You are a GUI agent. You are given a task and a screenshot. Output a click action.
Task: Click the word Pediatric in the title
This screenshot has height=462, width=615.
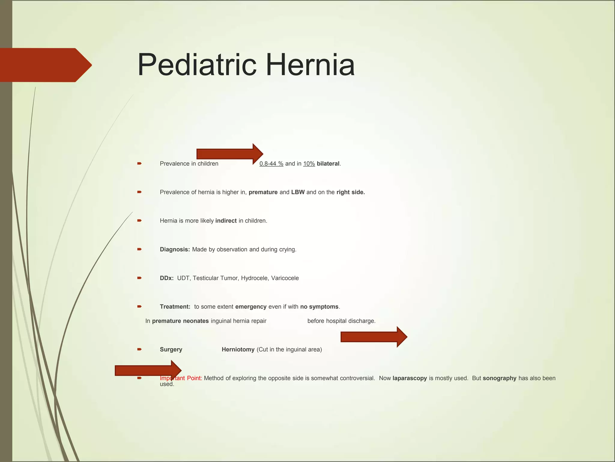(197, 65)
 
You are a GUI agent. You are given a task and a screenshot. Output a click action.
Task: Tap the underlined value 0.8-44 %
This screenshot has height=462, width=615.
(271, 164)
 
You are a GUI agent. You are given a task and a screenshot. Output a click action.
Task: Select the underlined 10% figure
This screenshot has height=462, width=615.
(309, 164)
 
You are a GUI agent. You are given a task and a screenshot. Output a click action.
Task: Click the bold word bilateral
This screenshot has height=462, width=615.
(328, 164)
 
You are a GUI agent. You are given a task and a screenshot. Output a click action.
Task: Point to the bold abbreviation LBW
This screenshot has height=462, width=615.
(298, 192)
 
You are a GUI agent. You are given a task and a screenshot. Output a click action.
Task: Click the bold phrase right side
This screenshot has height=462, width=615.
(350, 192)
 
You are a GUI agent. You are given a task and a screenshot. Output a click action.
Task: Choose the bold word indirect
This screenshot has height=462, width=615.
(226, 221)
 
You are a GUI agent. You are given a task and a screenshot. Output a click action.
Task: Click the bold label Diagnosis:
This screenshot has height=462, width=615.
(175, 250)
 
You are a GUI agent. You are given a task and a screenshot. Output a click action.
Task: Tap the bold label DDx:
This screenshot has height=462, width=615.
(167, 278)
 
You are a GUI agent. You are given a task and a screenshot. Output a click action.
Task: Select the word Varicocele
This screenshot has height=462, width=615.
(285, 278)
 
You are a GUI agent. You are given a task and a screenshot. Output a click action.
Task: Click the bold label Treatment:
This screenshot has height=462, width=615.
(175, 307)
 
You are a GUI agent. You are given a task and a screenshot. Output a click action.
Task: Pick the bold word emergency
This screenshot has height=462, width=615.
(251, 307)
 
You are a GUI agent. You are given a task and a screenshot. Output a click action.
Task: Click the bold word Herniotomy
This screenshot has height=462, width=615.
(238, 350)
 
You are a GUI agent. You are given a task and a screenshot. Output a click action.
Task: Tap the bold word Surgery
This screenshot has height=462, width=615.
(171, 350)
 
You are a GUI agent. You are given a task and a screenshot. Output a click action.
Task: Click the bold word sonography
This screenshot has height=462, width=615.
(499, 378)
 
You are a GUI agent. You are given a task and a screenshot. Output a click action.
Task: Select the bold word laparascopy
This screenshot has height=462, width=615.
(410, 378)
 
